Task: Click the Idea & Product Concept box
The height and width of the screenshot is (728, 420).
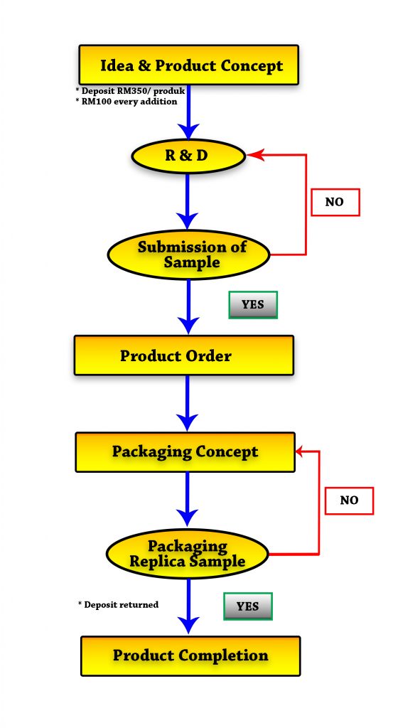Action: pyautogui.click(x=188, y=65)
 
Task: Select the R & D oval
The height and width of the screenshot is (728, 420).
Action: pyautogui.click(x=188, y=156)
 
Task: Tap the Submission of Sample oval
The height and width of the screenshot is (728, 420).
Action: pyautogui.click(x=188, y=255)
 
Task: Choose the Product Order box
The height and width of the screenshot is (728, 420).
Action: pyautogui.click(x=184, y=355)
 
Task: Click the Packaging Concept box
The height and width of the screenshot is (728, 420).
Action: pyautogui.click(x=185, y=452)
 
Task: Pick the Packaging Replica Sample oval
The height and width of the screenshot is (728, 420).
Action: pyautogui.click(x=188, y=554)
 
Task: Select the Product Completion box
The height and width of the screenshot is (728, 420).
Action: pyautogui.click(x=190, y=655)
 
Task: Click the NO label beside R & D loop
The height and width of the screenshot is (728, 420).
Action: pyautogui.click(x=335, y=202)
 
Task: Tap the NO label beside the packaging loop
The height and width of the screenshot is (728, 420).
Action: pyautogui.click(x=349, y=500)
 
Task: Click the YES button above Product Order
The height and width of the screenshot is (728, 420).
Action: pyautogui.click(x=253, y=305)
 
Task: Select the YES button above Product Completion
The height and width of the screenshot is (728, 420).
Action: pyautogui.click(x=248, y=606)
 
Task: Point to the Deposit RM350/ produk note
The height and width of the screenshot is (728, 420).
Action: pyautogui.click(x=131, y=91)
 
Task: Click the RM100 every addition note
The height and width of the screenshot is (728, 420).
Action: pyautogui.click(x=126, y=102)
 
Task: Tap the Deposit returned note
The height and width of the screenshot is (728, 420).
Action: pyautogui.click(x=119, y=604)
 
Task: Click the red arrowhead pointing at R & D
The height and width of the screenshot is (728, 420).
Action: pyautogui.click(x=255, y=154)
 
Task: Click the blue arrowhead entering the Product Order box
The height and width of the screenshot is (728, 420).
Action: pyautogui.click(x=188, y=326)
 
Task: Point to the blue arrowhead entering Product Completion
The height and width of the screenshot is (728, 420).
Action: pyautogui.click(x=188, y=626)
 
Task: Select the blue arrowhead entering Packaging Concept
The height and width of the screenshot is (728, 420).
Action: pyautogui.click(x=188, y=423)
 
